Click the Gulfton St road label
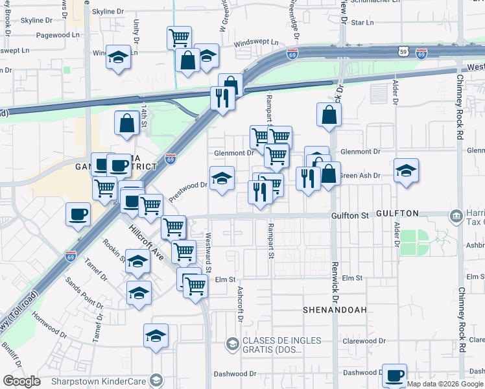coord(350,214)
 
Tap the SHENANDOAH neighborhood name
coord(335,310)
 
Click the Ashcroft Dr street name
coord(240,304)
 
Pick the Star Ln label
coord(362,22)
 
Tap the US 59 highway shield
coord(403,51)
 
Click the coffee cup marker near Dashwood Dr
coord(394,375)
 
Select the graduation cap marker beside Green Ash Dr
coord(406,171)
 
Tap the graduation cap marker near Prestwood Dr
coord(222,178)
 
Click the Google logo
coord(22,381)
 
